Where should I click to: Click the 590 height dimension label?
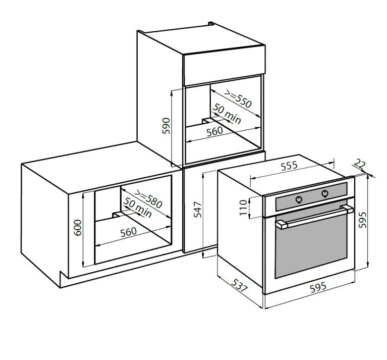167,126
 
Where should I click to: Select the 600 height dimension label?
78,227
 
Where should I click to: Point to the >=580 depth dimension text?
148,198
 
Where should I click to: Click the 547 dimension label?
198,210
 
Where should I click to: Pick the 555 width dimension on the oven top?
289,166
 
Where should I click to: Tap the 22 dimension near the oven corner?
359,164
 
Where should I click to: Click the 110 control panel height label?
243,208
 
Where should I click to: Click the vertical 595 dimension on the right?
363,220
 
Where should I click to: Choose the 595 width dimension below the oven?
318,287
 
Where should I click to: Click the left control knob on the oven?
299,199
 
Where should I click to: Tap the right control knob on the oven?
325,193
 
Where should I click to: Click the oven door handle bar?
315,217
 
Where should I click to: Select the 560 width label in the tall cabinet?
215,131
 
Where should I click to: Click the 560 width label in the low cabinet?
129,232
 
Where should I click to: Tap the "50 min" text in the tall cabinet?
227,113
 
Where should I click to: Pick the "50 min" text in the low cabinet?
137,208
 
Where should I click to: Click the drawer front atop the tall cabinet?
224,66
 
